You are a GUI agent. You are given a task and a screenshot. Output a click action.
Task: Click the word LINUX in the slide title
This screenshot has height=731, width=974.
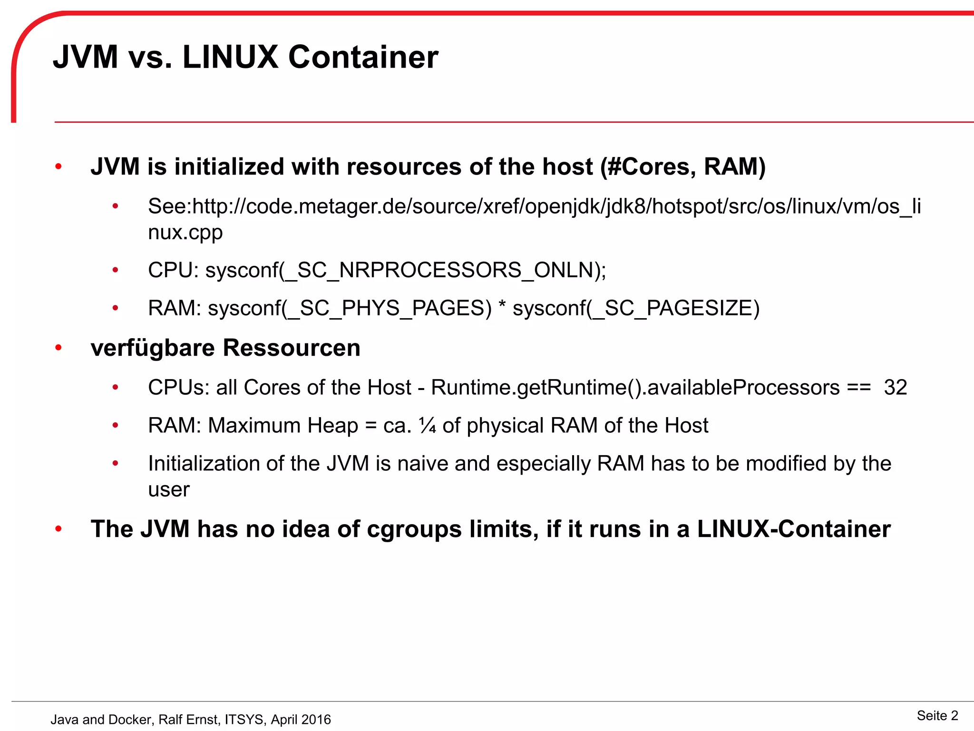(x=230, y=57)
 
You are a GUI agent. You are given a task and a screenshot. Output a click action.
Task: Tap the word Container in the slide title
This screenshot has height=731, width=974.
(x=363, y=57)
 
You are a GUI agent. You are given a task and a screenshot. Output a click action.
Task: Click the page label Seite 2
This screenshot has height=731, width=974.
(x=937, y=715)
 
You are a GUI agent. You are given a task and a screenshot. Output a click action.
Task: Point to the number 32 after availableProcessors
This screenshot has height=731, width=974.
(x=895, y=388)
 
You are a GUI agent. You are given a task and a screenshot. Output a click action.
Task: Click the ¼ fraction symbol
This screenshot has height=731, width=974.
(x=427, y=426)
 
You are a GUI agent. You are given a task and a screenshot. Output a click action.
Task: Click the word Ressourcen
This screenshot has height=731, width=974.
(x=291, y=348)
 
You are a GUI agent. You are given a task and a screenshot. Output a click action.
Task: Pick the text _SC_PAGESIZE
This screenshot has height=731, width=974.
(x=672, y=309)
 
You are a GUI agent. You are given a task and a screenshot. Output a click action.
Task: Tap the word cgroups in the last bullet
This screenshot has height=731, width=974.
(x=414, y=529)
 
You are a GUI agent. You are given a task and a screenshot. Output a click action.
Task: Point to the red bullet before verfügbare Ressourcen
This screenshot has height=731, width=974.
(x=58, y=348)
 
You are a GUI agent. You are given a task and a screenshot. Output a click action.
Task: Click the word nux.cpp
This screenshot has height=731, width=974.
(x=185, y=233)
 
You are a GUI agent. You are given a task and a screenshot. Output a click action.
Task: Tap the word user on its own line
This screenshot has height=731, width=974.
(x=168, y=490)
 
